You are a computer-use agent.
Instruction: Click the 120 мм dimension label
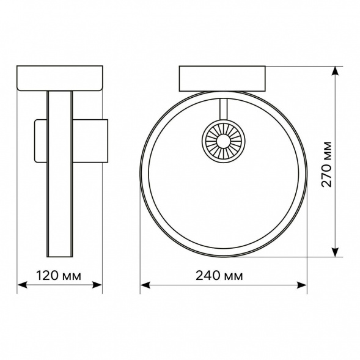59,276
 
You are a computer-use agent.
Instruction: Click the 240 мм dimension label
219,276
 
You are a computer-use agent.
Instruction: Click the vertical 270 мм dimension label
326,164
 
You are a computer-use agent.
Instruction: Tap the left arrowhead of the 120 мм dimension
22,285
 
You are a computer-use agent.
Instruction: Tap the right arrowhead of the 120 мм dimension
97,285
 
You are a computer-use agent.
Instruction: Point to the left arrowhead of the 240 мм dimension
145,285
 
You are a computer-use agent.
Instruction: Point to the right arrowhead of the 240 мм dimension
302,285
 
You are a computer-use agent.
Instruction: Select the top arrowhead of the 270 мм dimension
336,71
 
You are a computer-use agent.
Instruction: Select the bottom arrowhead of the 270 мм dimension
336,252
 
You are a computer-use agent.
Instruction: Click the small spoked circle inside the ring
223,141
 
